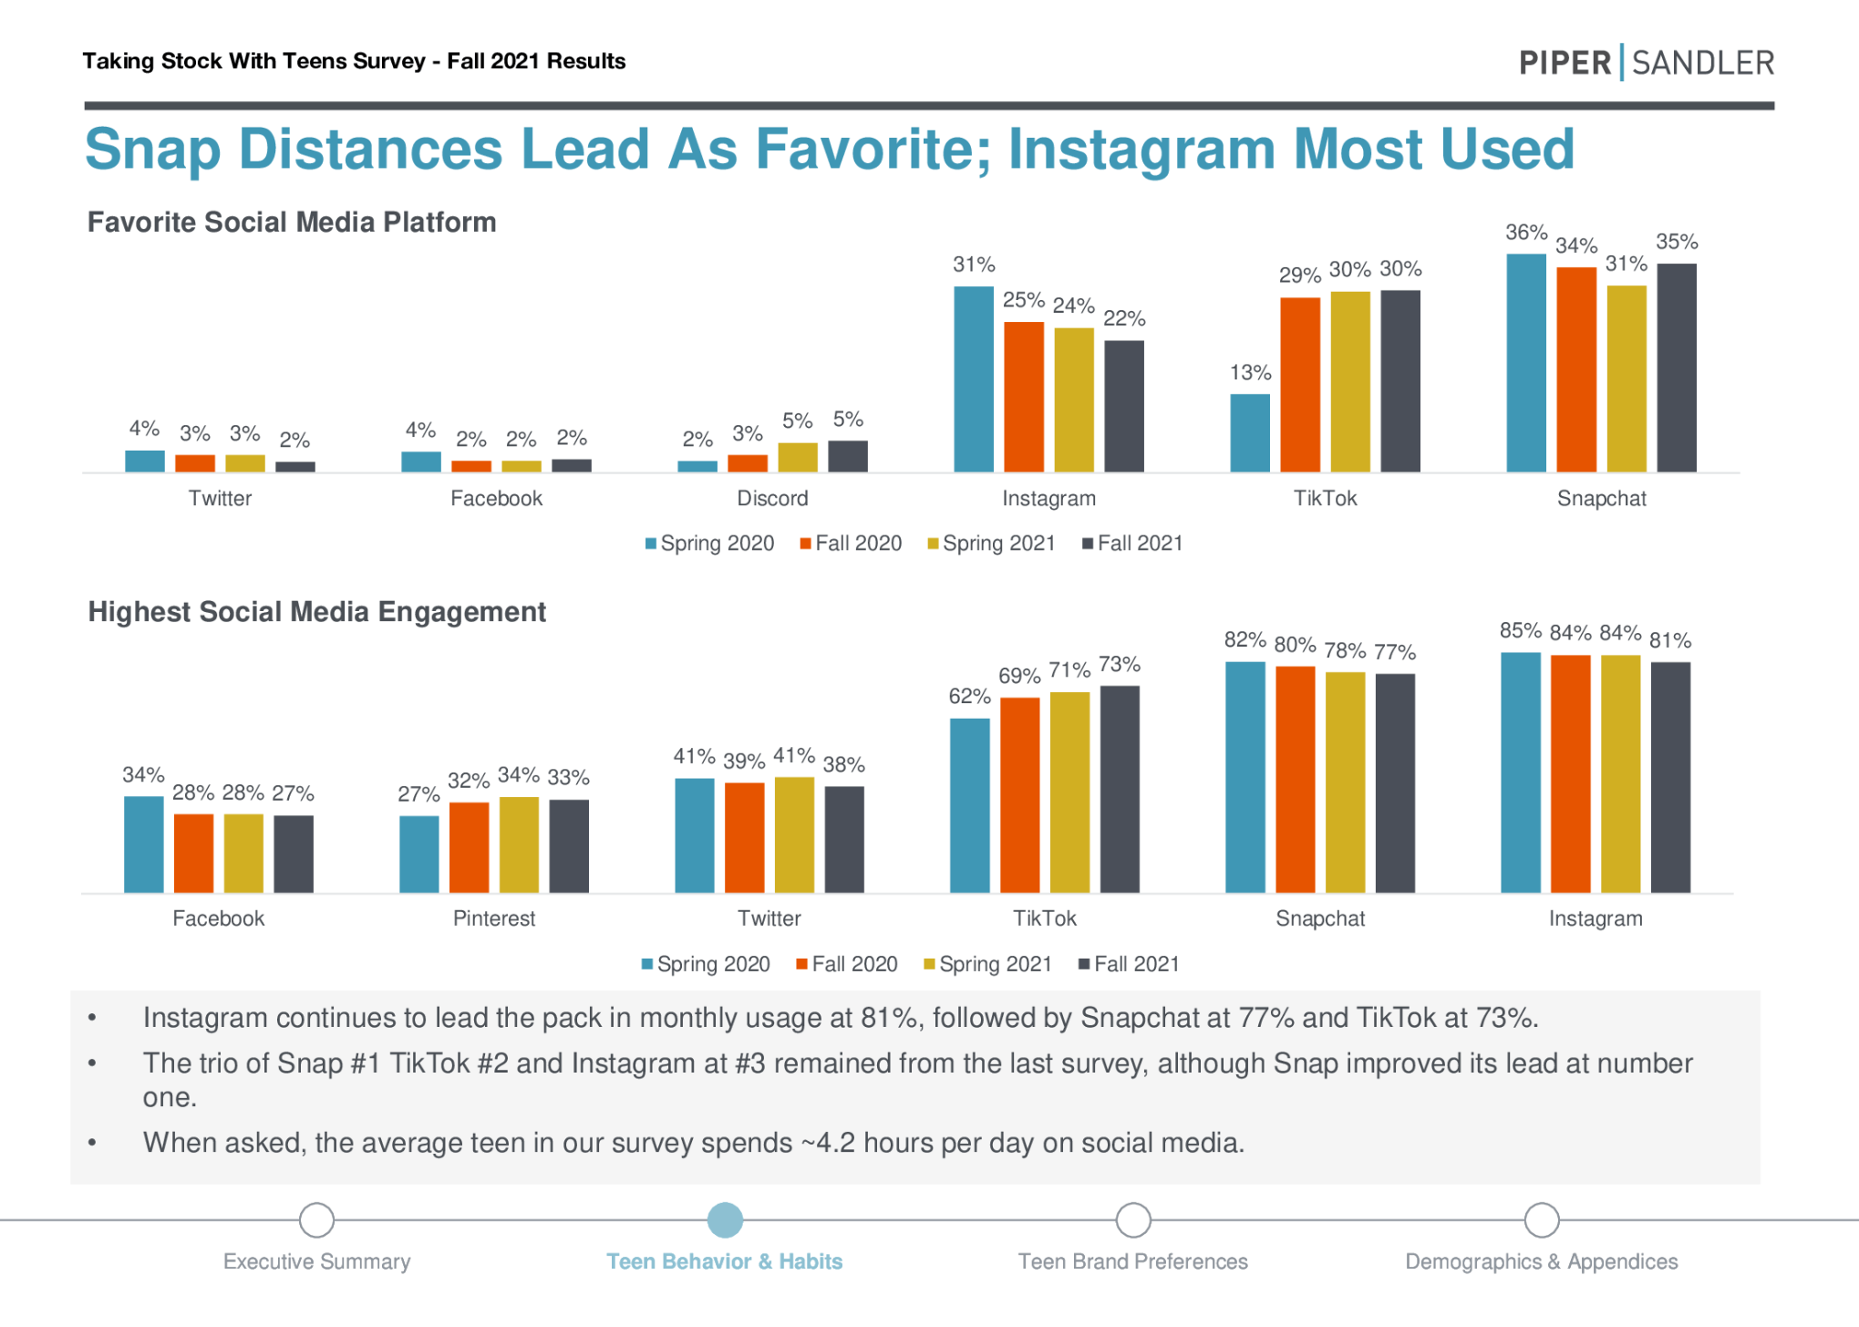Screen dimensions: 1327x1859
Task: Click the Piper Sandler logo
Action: (1646, 62)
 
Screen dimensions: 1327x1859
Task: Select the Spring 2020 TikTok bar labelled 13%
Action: (1249, 432)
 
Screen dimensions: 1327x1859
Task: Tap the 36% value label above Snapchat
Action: (1525, 233)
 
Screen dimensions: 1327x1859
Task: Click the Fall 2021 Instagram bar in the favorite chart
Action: (1123, 406)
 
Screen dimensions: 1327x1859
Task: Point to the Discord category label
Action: (772, 498)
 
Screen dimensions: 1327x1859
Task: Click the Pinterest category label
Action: (494, 918)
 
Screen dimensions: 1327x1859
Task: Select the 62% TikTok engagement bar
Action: (969, 804)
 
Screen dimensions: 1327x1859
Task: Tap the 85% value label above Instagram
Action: (1520, 630)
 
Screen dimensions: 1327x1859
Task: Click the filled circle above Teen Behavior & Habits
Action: (725, 1219)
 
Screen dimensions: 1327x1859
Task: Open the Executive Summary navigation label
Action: (316, 1261)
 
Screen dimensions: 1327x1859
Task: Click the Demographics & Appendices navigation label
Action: (1541, 1261)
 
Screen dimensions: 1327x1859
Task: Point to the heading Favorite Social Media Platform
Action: (292, 223)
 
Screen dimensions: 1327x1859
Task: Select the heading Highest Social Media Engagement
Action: (316, 612)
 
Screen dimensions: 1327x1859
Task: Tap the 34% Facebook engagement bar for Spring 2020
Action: (144, 844)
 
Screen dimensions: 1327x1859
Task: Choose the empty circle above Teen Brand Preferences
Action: (1132, 1219)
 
